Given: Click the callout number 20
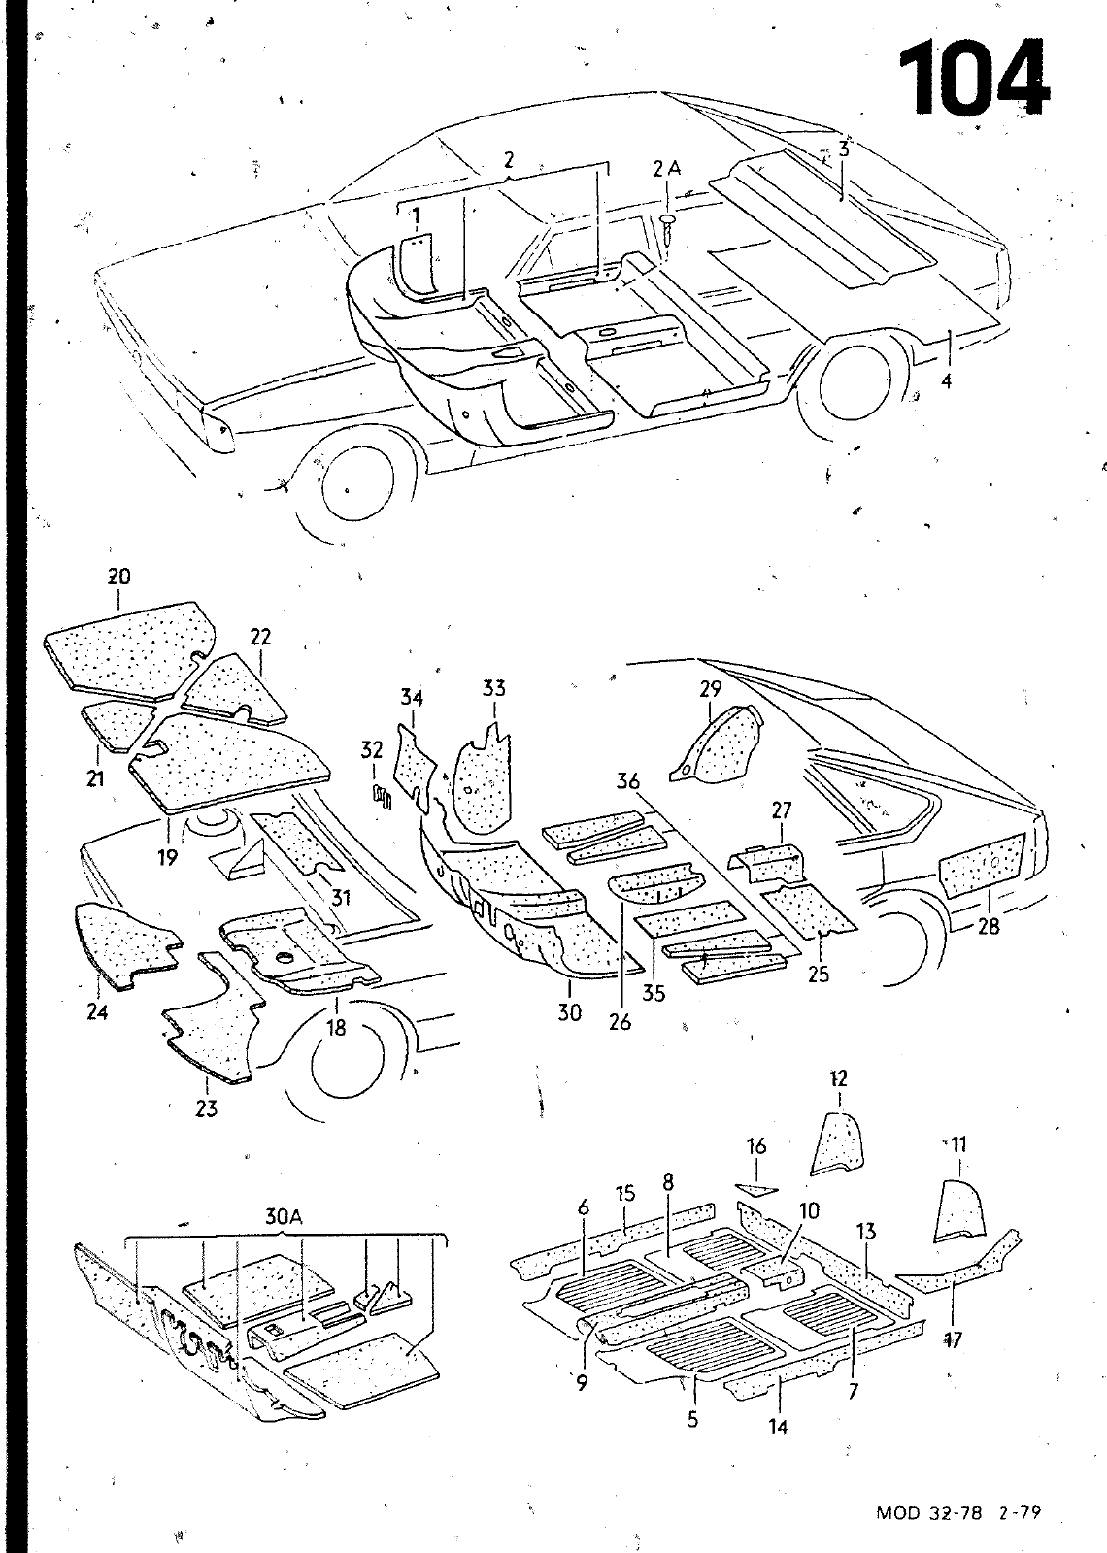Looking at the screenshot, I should (x=118, y=576).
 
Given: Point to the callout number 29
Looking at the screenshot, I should (x=711, y=689).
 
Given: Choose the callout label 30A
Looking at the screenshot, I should (x=282, y=1215).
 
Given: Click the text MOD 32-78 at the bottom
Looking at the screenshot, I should (x=926, y=1512).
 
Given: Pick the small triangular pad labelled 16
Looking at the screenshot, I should (x=757, y=1188).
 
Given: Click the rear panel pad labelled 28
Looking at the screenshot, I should (x=983, y=865).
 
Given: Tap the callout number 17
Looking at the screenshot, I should (x=953, y=1340).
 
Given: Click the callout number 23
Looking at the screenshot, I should (x=207, y=1107).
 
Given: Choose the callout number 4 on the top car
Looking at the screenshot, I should (x=946, y=381).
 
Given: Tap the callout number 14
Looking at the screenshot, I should (x=778, y=1426).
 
